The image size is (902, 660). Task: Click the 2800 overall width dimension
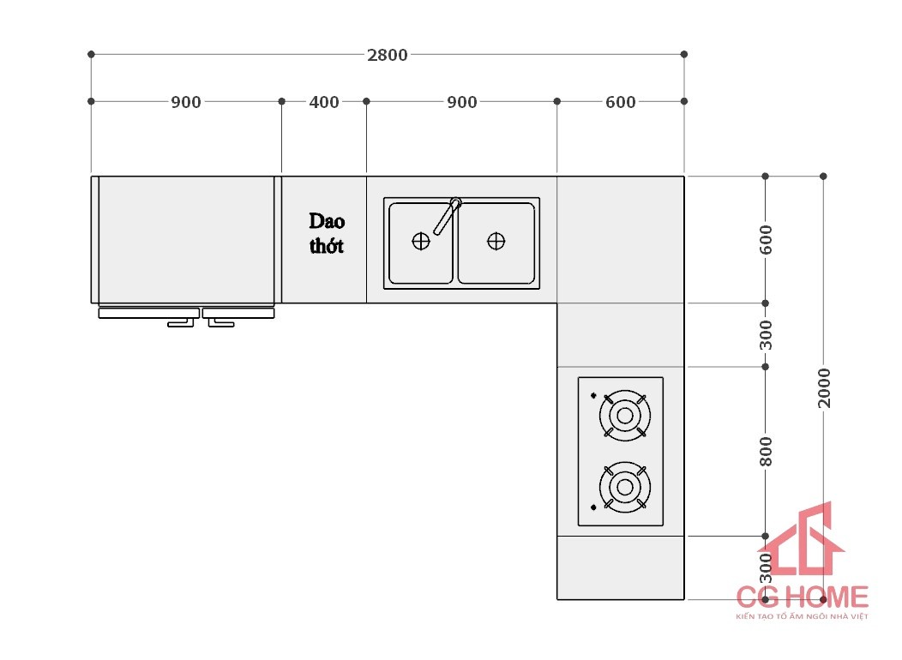point(388,55)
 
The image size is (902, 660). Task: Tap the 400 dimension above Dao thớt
point(324,102)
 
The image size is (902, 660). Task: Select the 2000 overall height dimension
point(824,388)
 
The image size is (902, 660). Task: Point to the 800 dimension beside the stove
point(766,452)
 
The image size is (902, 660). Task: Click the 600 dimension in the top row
point(620,102)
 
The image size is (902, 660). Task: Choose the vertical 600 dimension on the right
point(766,240)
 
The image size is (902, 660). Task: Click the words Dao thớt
point(327,233)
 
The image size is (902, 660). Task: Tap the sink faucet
point(448,216)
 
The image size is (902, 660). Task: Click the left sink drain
point(421,242)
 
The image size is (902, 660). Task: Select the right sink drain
point(496,242)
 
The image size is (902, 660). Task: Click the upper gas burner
point(625,416)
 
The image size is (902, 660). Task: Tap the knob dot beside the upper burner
point(593,395)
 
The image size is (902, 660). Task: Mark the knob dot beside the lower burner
point(593,507)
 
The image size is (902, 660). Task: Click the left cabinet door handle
point(181,323)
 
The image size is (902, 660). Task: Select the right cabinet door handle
point(221,323)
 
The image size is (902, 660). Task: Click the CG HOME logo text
point(803,597)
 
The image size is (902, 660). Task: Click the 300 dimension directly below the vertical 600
point(766,335)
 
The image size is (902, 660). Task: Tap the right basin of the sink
point(496,243)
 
